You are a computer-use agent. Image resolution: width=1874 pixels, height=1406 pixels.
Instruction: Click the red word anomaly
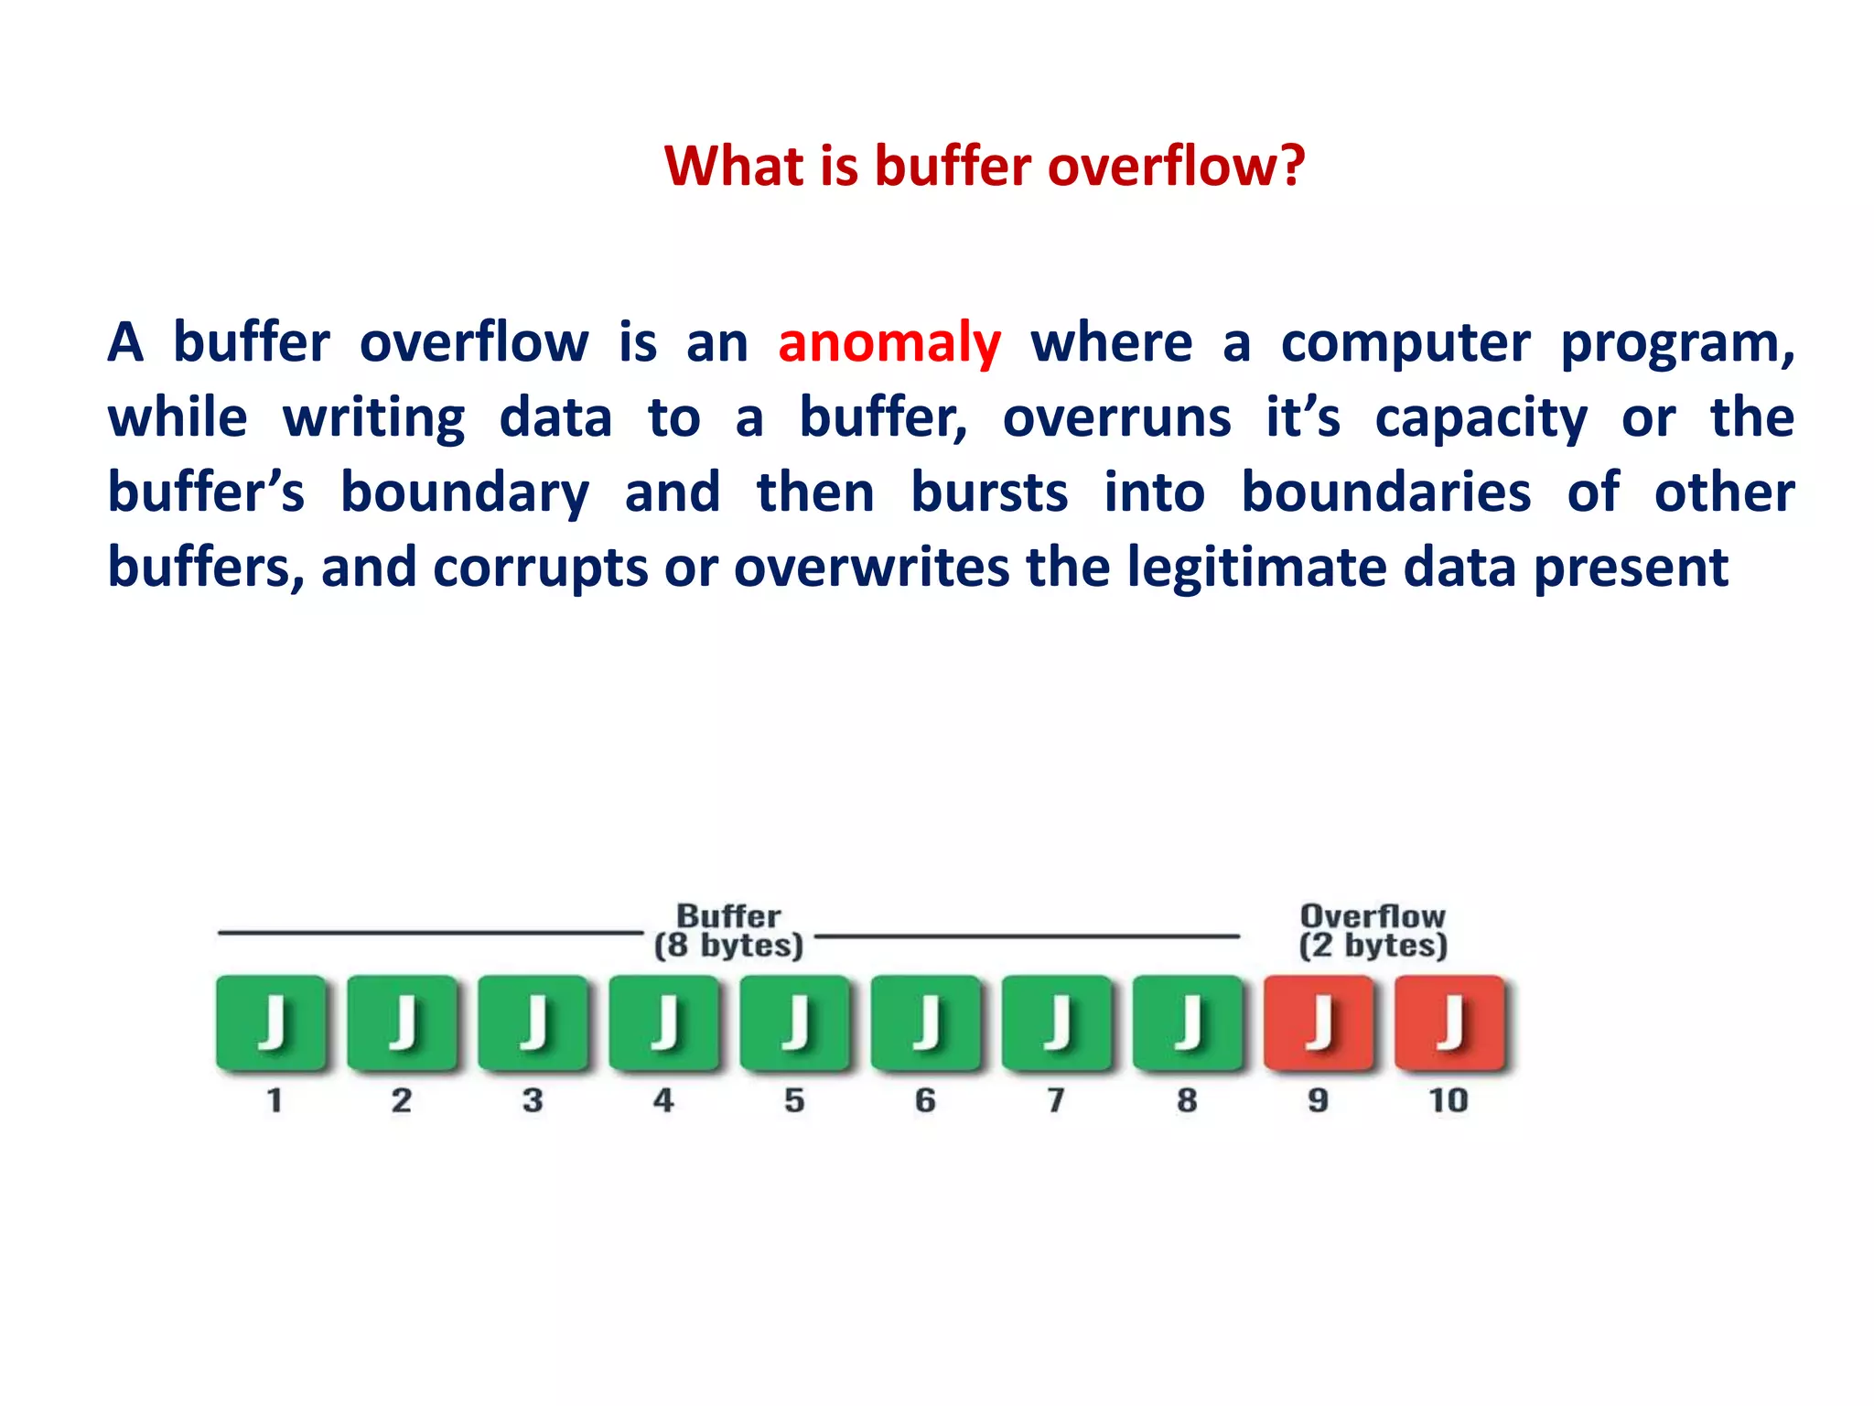pyautogui.click(x=889, y=343)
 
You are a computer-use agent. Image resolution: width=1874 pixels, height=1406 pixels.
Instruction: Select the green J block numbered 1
pyautogui.click(x=271, y=1022)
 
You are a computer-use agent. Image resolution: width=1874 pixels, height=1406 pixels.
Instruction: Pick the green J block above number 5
pyautogui.click(x=794, y=1022)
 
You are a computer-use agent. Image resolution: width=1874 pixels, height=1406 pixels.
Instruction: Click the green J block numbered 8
pyautogui.click(x=1188, y=1022)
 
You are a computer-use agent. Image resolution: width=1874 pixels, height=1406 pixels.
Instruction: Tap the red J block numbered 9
pyautogui.click(x=1319, y=1022)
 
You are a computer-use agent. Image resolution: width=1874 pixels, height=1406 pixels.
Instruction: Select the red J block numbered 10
pyautogui.click(x=1449, y=1022)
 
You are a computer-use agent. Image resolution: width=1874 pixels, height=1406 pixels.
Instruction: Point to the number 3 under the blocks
pyautogui.click(x=533, y=1100)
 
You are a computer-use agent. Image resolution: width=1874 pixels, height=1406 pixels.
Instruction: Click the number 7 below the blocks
pyautogui.click(x=1056, y=1100)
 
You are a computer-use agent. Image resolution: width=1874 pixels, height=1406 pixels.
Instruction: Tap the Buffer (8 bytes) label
pyautogui.click(x=728, y=931)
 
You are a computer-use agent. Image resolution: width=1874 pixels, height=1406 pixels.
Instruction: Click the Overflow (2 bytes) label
pyautogui.click(x=1373, y=931)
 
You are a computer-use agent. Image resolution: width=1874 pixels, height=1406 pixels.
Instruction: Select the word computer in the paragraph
pyautogui.click(x=1405, y=343)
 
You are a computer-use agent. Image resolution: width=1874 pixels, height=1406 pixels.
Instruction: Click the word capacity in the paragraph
pyautogui.click(x=1481, y=418)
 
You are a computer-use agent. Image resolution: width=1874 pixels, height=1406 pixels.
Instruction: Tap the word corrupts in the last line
pyautogui.click(x=540, y=568)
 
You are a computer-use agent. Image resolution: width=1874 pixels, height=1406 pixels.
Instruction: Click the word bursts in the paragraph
pyautogui.click(x=989, y=492)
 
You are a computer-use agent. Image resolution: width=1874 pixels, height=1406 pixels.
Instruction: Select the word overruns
pyautogui.click(x=1116, y=418)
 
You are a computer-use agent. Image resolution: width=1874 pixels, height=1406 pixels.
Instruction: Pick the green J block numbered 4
pyautogui.click(x=664, y=1022)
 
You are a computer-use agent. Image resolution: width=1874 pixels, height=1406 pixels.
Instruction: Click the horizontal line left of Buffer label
pyautogui.click(x=430, y=933)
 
